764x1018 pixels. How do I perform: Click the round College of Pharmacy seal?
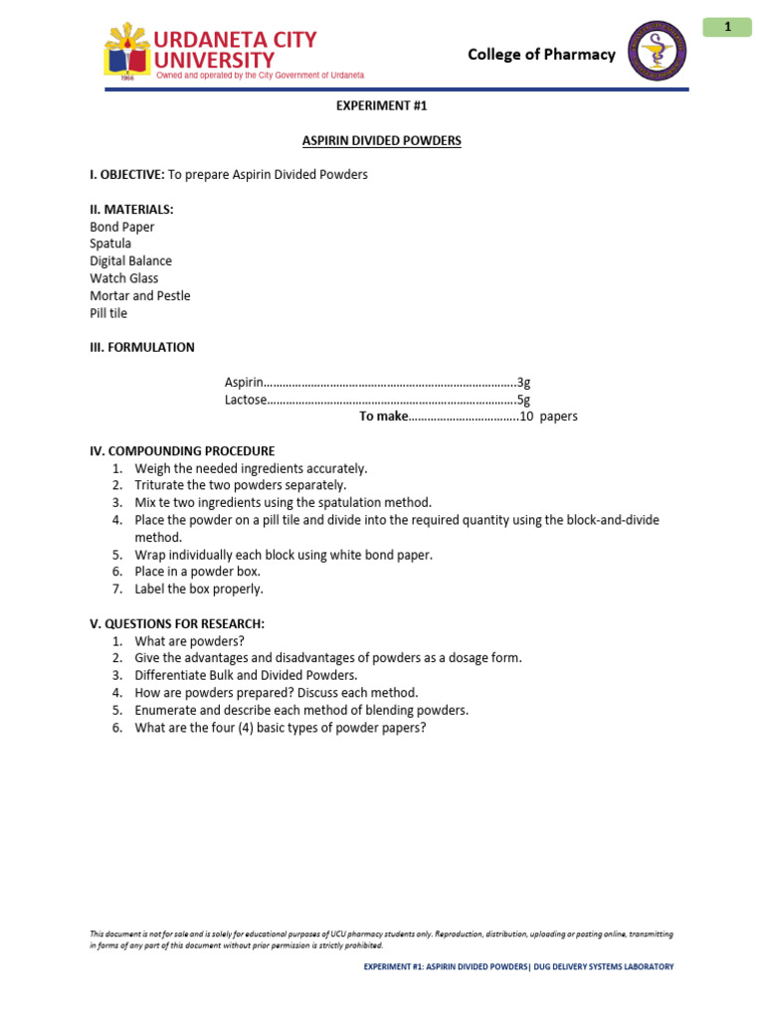pos(657,51)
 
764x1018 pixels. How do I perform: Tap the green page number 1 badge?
pos(727,27)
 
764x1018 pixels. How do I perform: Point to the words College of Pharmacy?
pos(541,55)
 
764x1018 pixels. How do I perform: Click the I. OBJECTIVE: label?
pos(126,175)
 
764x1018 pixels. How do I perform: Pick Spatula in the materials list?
pos(110,244)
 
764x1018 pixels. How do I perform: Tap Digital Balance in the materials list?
pos(130,261)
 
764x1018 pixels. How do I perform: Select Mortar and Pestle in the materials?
pos(139,296)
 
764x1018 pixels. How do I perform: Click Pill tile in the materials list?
pos(108,314)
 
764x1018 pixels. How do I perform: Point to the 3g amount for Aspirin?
pos(523,383)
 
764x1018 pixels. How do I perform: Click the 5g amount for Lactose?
pos(523,400)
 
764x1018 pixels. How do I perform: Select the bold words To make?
pos(383,417)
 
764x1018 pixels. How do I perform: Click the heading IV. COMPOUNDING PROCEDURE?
pos(182,451)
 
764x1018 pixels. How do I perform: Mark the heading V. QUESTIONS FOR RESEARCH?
pos(177,624)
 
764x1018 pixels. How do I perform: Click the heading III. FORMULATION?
pos(142,348)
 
